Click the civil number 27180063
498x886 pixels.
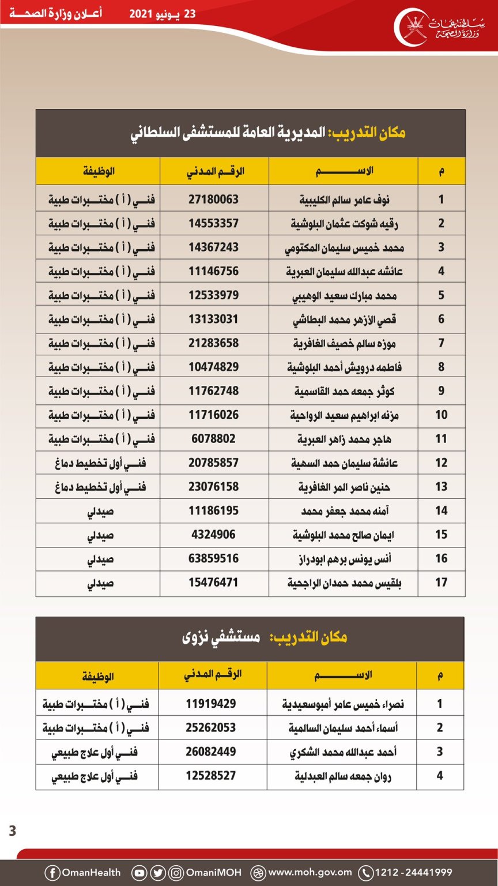pos(213,200)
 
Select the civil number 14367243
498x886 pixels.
pos(213,247)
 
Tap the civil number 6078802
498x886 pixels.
pos(213,439)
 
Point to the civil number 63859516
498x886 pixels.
pos(213,558)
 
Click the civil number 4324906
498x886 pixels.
pos(213,535)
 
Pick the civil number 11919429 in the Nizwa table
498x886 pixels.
pos(210,704)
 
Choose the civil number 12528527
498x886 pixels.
pos(210,776)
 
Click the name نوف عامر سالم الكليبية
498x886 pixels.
pos(345,200)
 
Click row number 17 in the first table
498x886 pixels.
pos(441,583)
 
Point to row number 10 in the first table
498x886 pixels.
pos(441,415)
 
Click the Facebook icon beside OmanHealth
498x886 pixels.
pos(52,873)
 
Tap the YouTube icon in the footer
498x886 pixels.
pos(139,873)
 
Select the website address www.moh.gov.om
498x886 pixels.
pos(310,873)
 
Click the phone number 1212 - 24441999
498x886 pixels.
pos(413,873)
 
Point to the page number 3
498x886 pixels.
pos(12,831)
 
